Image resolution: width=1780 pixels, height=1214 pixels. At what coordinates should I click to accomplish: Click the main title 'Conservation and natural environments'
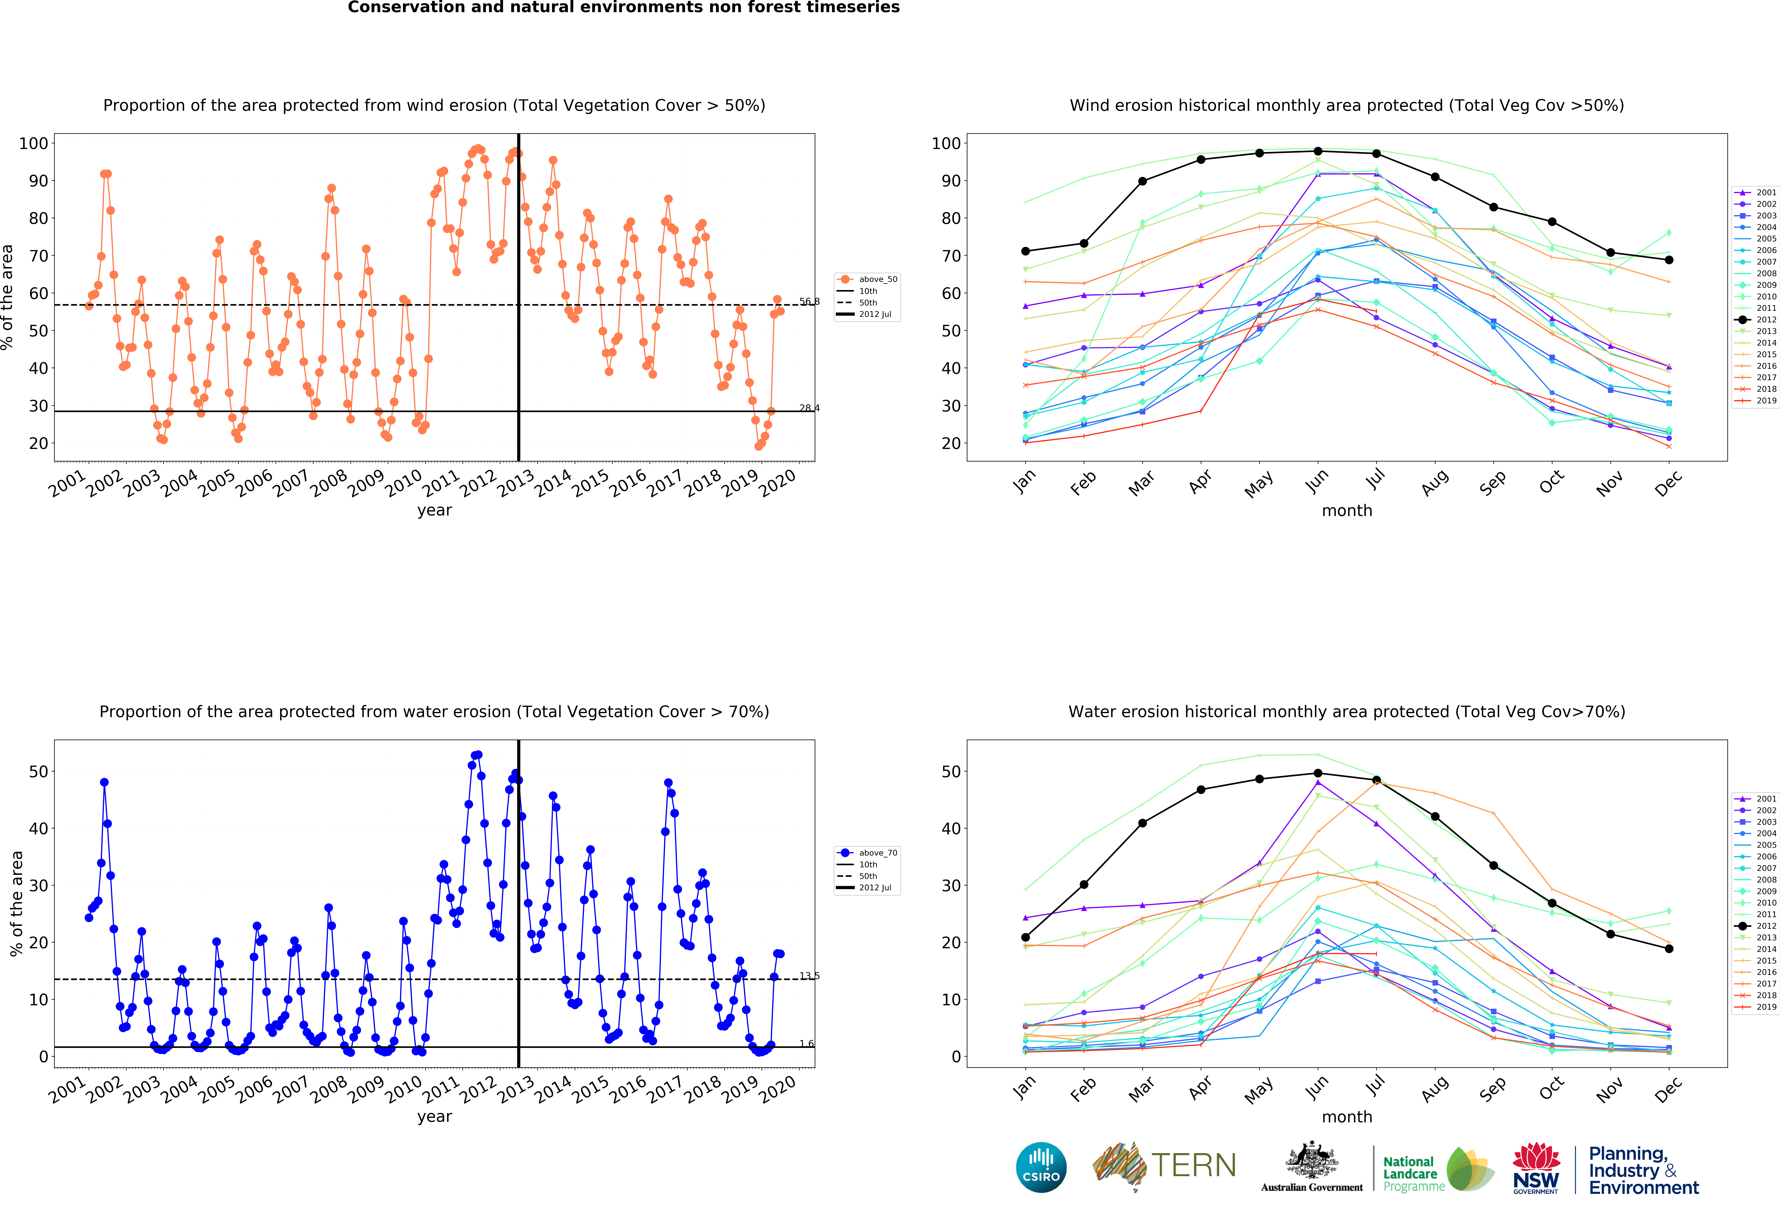pyautogui.click(x=623, y=8)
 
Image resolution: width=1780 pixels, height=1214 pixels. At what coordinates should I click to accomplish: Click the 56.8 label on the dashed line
pyautogui.click(x=809, y=301)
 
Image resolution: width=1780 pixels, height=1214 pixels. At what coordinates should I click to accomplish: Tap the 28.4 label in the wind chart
pyautogui.click(x=809, y=408)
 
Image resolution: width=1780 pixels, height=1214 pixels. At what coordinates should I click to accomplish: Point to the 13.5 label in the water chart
pyautogui.click(x=809, y=976)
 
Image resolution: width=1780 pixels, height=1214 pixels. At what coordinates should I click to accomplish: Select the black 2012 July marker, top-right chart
pyautogui.click(x=1376, y=153)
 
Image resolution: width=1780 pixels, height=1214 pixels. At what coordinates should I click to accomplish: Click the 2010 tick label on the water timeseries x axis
pyautogui.click(x=404, y=1088)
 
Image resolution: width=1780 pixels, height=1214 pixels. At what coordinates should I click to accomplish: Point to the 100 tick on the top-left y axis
pyautogui.click(x=34, y=143)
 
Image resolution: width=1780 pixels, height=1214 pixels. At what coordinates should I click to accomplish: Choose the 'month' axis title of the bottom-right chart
pyautogui.click(x=1346, y=1117)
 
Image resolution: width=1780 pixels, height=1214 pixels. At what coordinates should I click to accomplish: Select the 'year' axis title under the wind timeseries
pyautogui.click(x=434, y=510)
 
